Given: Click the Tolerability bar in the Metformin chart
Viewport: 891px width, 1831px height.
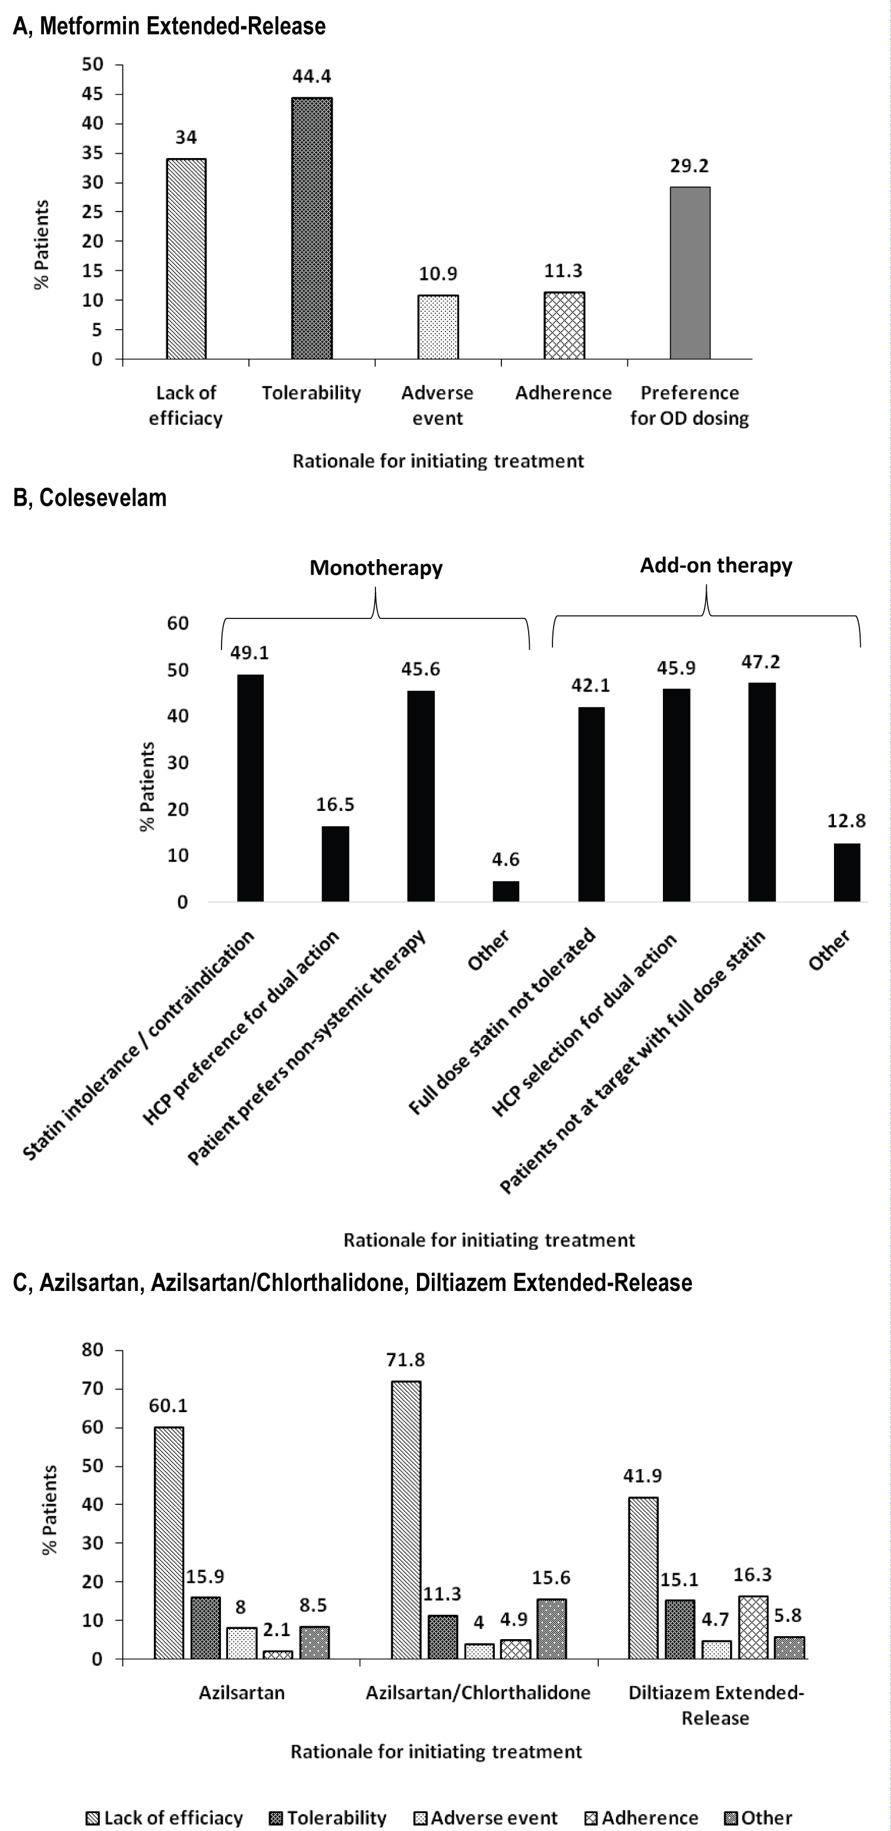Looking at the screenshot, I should [312, 228].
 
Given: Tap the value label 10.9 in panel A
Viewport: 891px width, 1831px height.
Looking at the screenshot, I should [438, 274].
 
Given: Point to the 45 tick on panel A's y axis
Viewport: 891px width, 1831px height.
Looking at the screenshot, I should [93, 94].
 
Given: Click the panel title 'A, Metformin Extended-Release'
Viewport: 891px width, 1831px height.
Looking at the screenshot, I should [169, 26].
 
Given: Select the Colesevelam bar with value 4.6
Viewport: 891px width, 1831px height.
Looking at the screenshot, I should [506, 891].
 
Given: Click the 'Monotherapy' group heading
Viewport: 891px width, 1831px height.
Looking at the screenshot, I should [376, 568].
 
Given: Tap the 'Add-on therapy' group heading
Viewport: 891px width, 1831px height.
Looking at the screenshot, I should [716, 566].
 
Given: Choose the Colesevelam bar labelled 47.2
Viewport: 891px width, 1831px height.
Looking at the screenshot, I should [762, 792].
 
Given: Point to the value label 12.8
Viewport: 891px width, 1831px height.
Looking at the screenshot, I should [846, 821].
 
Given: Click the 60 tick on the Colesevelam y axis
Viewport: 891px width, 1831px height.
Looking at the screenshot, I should [178, 623].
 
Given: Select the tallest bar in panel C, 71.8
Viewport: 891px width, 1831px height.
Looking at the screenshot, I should [406, 1520].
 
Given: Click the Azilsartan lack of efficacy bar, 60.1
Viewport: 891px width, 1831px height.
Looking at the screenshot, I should [168, 1543].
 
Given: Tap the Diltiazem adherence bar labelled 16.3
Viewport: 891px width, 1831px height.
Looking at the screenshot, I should [753, 1628].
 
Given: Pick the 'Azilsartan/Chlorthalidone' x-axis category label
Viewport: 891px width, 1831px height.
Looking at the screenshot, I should [478, 1693].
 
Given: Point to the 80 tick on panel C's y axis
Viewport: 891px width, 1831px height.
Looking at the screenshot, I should [93, 1350].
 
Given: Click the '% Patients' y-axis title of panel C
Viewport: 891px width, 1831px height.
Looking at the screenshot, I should [49, 1510].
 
